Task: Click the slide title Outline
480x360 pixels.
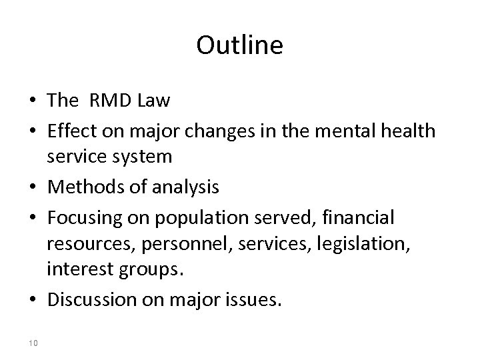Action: pyautogui.click(x=240, y=46)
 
